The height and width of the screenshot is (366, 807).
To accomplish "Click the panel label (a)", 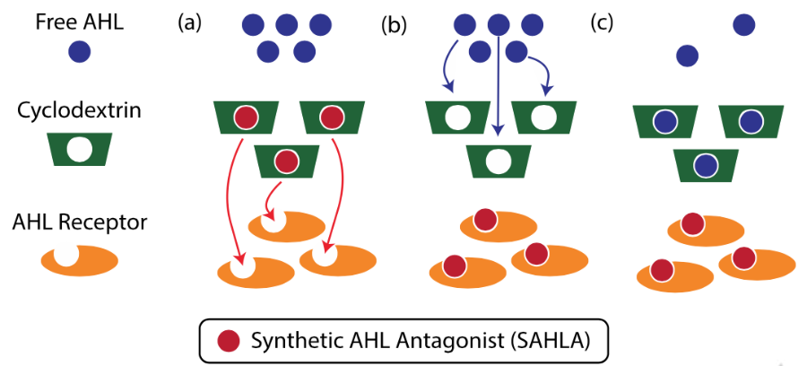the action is point(189,23).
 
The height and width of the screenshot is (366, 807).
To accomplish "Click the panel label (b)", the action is point(394,25).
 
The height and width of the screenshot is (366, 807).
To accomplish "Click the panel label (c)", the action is point(601,23).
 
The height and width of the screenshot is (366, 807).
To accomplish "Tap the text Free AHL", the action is point(80,22).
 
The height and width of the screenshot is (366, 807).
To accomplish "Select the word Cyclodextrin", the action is point(79,110).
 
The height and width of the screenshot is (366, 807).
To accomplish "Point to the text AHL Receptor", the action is point(79,222).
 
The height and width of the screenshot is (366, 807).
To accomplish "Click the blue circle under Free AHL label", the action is point(80,51).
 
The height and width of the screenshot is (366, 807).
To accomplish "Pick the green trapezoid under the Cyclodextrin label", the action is point(80,149).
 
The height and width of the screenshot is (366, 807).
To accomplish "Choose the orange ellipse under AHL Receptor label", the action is point(80,260).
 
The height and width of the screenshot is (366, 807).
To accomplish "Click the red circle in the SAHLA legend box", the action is point(229,340).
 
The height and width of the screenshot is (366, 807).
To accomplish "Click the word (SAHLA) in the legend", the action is point(551,341).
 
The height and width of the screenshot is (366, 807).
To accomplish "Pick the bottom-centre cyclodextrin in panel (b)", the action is point(499,161).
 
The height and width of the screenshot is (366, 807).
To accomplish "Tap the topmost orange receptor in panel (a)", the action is point(287,225).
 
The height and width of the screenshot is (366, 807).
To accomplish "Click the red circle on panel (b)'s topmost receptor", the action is point(485,220).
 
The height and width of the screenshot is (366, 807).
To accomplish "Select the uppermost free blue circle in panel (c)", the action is point(743,25).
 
